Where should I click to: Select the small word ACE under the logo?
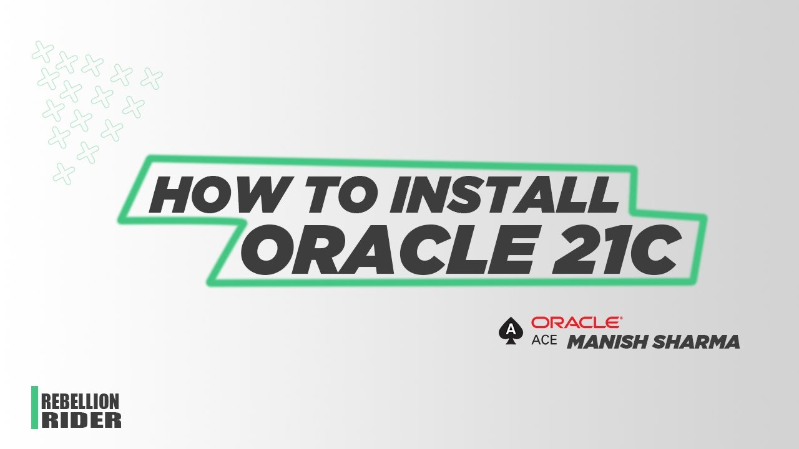click(x=544, y=341)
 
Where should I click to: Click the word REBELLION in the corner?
click(x=80, y=402)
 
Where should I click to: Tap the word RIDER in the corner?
click(x=81, y=420)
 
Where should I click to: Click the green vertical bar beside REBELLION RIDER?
click(x=34, y=408)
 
